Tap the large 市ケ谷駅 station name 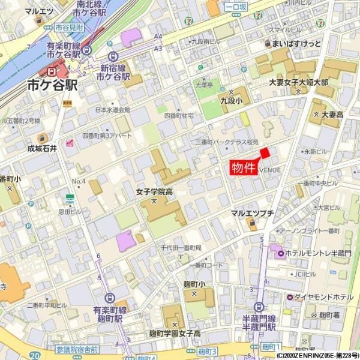tap(52, 86)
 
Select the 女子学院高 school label tap(154, 192)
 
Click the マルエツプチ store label tap(253, 213)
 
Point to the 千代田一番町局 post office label tap(181, 248)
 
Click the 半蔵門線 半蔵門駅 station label tap(259, 322)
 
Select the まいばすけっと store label tap(296, 44)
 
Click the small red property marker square tap(265, 153)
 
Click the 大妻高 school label tap(332, 114)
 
